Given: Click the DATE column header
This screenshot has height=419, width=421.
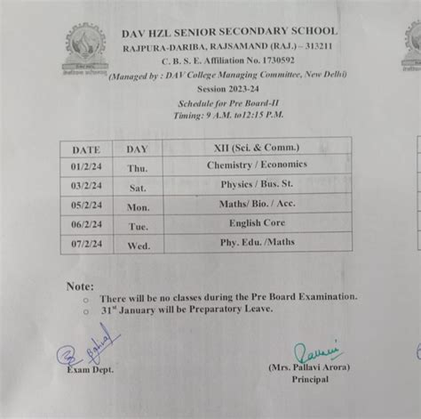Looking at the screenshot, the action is coord(86,149).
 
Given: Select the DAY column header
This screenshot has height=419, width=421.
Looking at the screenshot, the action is coord(137,149).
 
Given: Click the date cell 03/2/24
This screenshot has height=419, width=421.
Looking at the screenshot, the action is coord(86,188).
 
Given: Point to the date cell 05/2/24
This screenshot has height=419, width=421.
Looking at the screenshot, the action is coord(86,206).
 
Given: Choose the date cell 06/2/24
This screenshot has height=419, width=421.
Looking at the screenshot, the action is coord(86,225).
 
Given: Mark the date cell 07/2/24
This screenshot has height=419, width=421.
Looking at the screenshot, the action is coord(86,244).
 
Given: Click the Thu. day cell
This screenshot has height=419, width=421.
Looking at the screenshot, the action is coord(137,168).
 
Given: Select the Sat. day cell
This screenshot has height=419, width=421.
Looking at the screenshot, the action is coord(138,188).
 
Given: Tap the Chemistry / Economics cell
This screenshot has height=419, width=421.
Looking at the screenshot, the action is coord(257,165).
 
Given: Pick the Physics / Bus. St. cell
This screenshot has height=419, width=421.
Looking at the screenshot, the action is coord(257,185).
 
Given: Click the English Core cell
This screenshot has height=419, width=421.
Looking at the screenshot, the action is coord(257,222).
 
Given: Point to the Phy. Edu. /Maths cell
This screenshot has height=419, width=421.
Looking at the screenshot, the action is coord(257,241).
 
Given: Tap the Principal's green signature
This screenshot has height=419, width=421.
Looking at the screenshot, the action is coord(315,351).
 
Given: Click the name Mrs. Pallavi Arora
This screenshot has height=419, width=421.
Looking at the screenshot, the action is coord(309,367).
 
